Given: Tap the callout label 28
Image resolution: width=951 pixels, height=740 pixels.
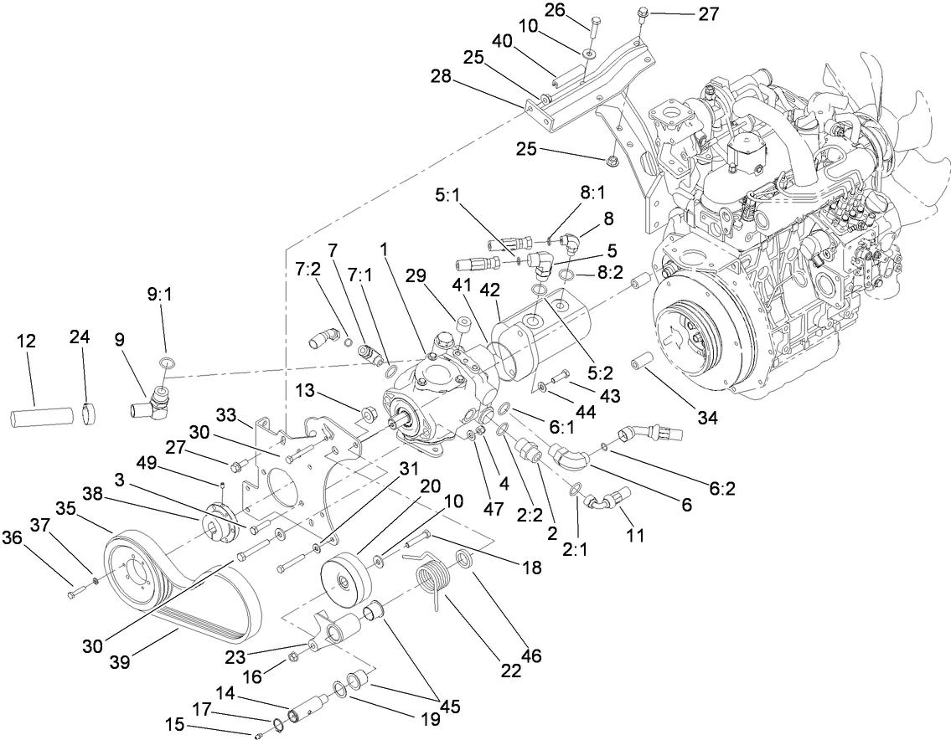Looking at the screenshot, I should pyautogui.click(x=442, y=76).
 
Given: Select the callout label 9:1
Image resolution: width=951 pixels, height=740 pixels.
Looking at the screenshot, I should pyautogui.click(x=159, y=296).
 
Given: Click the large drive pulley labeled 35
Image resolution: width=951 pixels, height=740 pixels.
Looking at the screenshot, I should pyautogui.click(x=138, y=577).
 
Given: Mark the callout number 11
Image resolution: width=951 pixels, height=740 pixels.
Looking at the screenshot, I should pyautogui.click(x=636, y=534).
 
